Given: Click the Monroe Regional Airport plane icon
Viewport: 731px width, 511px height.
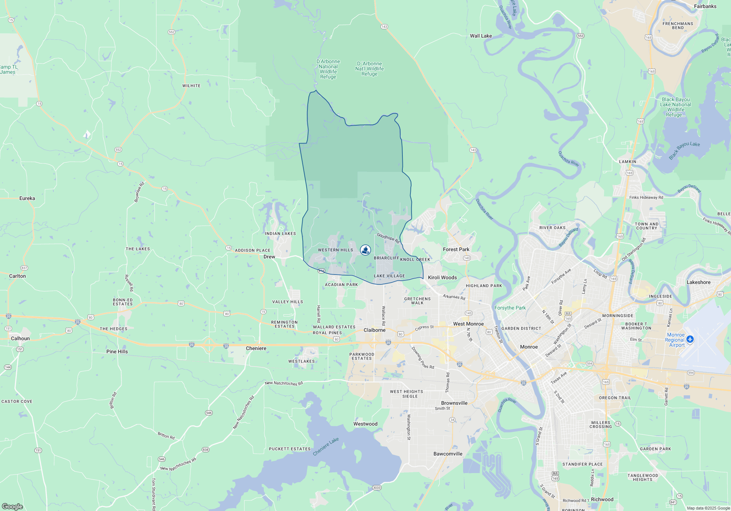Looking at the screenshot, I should coord(690,339).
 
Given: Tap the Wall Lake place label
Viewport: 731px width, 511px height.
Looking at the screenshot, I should coord(481,36).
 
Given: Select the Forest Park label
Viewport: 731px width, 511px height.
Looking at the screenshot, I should coord(456,249).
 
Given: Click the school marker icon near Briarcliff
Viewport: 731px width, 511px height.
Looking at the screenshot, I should coord(365,250).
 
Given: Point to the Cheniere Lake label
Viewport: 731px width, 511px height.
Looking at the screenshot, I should coord(326,446).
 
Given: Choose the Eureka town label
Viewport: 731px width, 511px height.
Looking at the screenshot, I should coord(27,198).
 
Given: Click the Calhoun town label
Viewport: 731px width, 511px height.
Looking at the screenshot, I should coord(20,338).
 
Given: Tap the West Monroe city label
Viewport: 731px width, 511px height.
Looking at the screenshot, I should coord(468,324).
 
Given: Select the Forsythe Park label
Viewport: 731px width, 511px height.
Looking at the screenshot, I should coord(510,308).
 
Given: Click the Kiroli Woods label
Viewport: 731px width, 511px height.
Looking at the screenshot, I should coord(442,277).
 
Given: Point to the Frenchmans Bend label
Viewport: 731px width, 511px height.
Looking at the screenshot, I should coord(678,26).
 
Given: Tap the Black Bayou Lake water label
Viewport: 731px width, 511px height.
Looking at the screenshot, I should coord(684,150).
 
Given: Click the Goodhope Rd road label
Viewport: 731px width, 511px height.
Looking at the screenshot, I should coord(388,238).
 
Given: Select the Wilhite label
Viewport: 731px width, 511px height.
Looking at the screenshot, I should coord(191,86).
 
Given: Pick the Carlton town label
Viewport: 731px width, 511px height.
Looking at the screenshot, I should coord(17,276).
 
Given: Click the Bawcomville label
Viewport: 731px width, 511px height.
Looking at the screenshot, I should coord(448,454).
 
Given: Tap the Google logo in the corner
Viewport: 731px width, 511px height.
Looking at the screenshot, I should coord(12,506).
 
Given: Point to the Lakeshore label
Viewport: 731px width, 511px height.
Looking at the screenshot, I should coord(698,282).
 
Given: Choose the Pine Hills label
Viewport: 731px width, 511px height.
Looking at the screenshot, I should coord(117,351).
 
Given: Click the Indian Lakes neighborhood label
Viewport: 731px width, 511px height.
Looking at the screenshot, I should coord(280,234).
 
